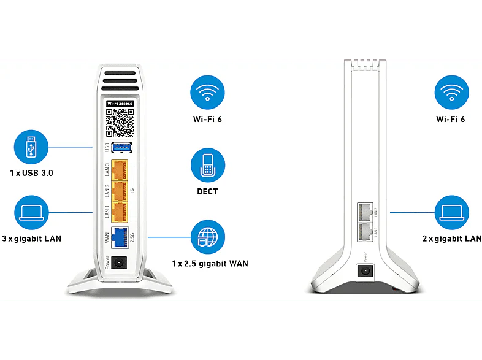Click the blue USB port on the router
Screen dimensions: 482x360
click(x=122, y=148)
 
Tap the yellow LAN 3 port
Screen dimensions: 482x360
click(x=119, y=170)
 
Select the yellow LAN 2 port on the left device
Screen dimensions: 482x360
click(x=119, y=191)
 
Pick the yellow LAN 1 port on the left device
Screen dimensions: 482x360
click(x=119, y=212)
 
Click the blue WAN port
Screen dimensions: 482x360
click(x=120, y=237)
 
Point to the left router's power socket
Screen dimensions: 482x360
click(x=118, y=263)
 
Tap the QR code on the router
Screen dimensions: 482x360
click(x=120, y=123)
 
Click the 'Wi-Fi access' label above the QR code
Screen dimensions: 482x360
click(x=120, y=104)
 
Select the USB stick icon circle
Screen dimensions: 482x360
click(x=31, y=147)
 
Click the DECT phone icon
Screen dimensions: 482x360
click(x=208, y=165)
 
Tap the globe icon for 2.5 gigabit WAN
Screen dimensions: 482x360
click(x=208, y=237)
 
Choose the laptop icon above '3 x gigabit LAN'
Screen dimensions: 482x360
click(x=31, y=212)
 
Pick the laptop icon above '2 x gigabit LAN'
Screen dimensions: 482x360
click(x=452, y=212)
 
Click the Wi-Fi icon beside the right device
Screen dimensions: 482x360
click(x=451, y=92)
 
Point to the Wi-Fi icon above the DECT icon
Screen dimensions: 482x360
click(x=207, y=92)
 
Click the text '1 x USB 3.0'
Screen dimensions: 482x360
click(x=31, y=173)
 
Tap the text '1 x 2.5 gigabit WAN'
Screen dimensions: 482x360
click(x=210, y=264)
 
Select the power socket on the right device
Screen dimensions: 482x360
click(x=365, y=272)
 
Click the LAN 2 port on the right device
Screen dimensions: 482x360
click(x=365, y=212)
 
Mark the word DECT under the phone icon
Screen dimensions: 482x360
click(x=207, y=191)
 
